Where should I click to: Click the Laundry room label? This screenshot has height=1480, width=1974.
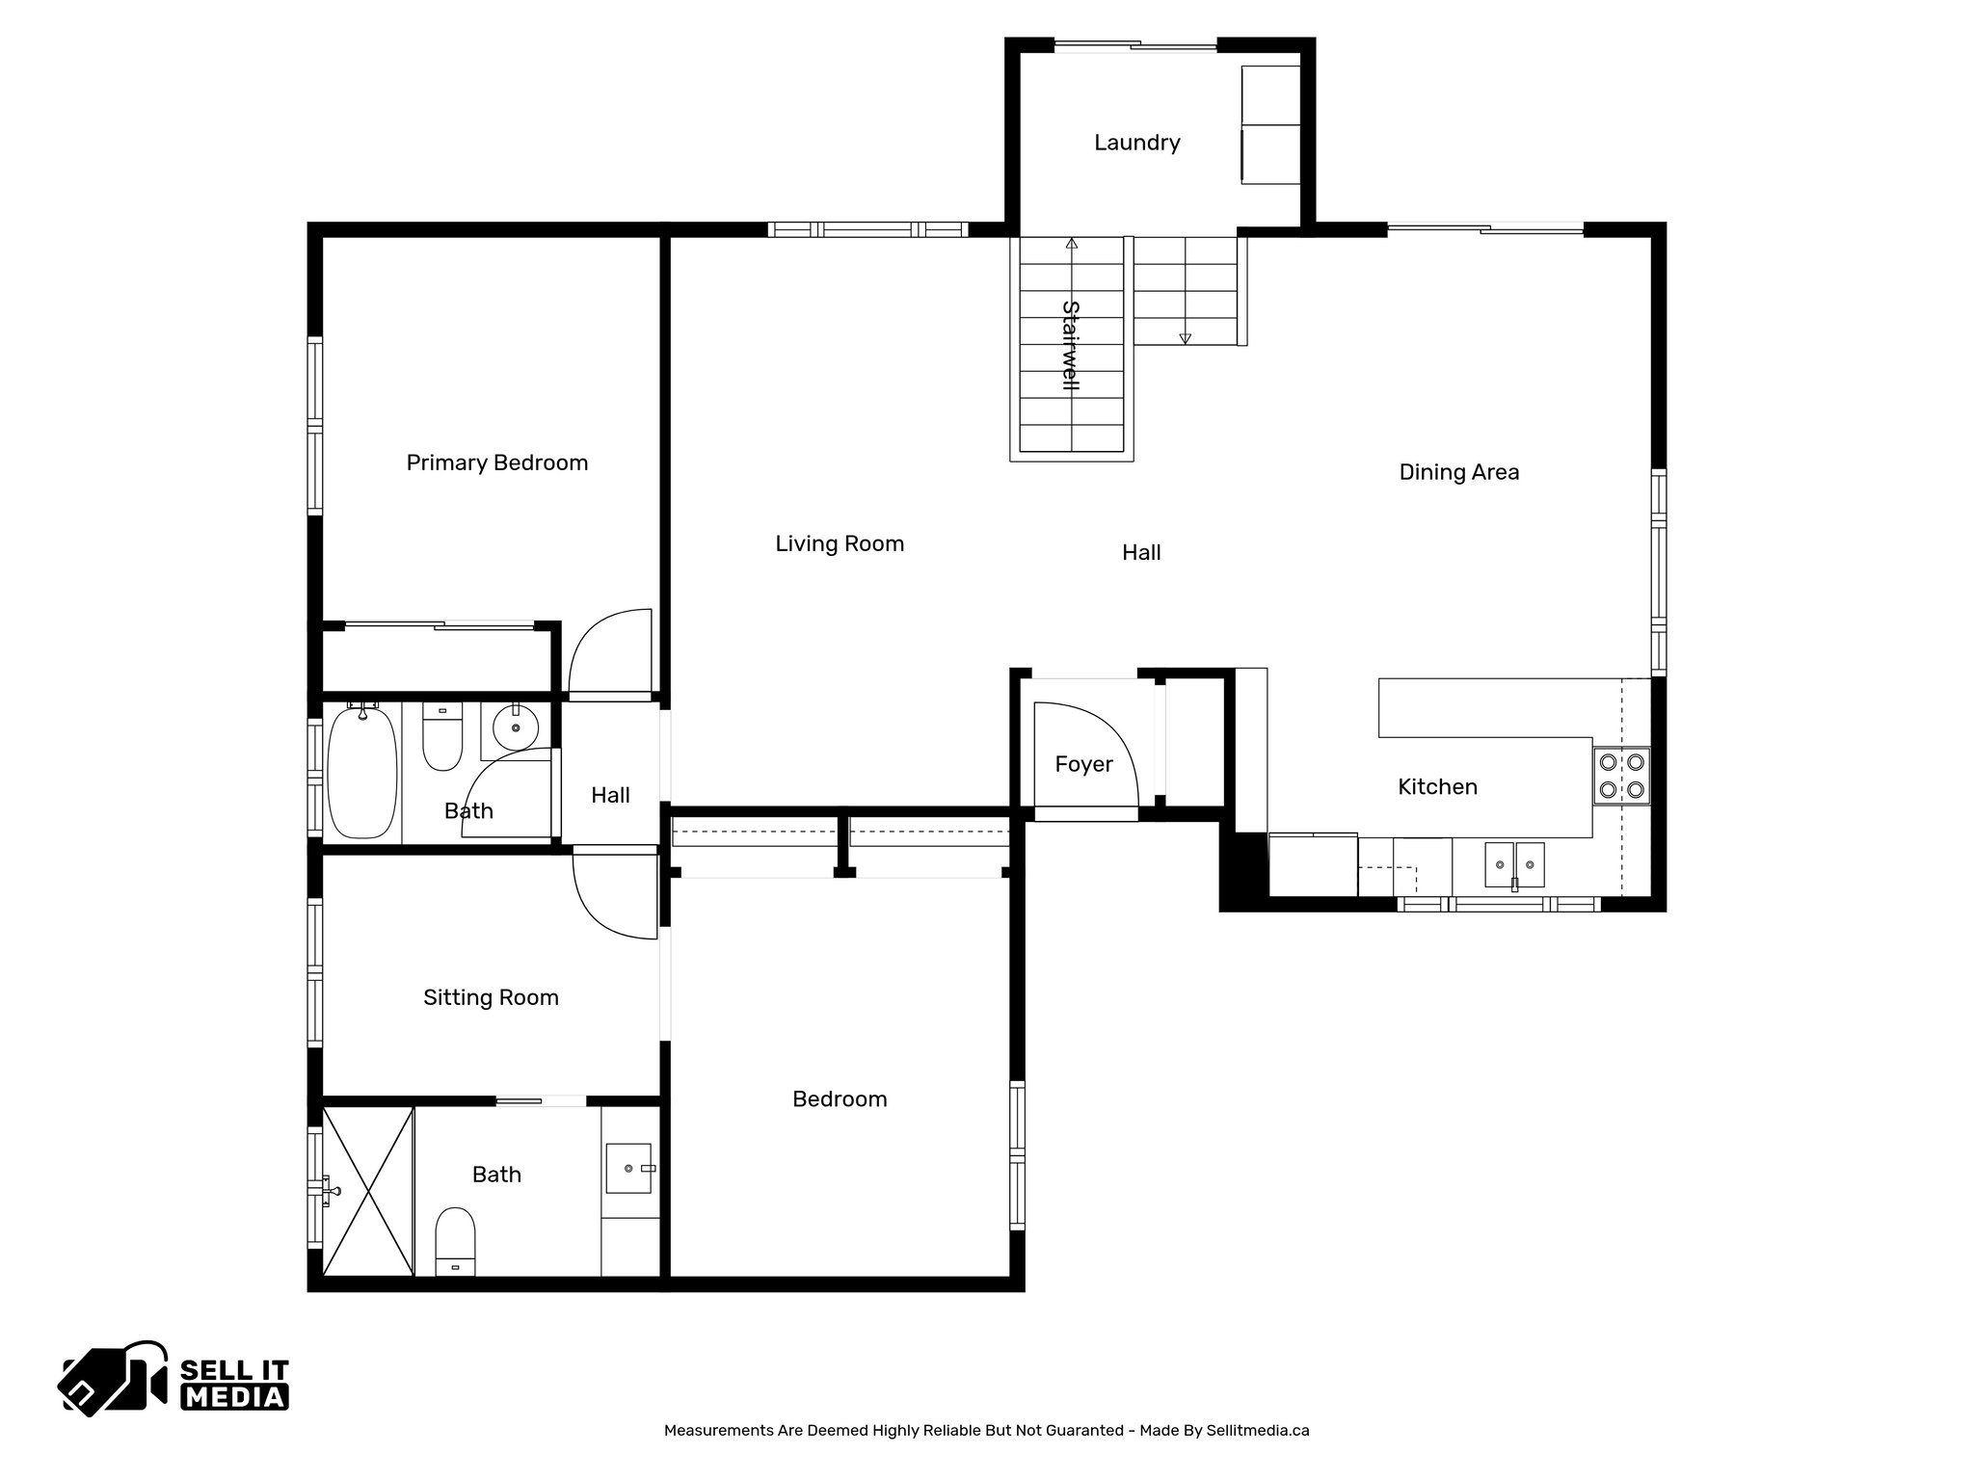pyautogui.click(x=1136, y=143)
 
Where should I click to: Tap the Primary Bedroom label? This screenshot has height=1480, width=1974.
pyautogui.click(x=496, y=462)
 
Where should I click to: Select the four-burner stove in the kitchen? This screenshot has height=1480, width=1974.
pyautogui.click(x=1621, y=777)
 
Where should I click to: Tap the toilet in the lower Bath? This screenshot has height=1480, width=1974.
pyautogui.click(x=455, y=1239)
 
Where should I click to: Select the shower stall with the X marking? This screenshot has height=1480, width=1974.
pyautogui.click(x=368, y=1191)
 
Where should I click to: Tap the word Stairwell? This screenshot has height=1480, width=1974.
pyautogui.click(x=1070, y=345)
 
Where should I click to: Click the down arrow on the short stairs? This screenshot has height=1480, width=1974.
pyautogui.click(x=1185, y=338)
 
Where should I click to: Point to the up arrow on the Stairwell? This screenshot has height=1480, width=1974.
pyautogui.click(x=1072, y=244)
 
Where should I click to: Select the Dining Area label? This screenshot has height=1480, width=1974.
pyautogui.click(x=1458, y=472)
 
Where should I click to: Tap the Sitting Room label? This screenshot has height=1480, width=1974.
pyautogui.click(x=491, y=997)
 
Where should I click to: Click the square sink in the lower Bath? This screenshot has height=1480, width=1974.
pyautogui.click(x=629, y=1168)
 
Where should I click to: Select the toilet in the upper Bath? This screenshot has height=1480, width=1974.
pyautogui.click(x=442, y=736)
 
